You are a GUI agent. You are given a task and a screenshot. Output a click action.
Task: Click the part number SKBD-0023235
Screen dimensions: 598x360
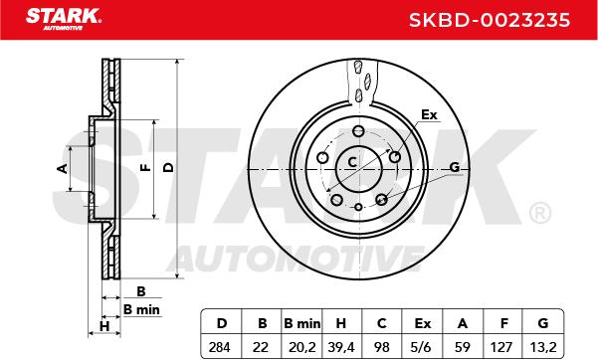pyautogui.click(x=490, y=20)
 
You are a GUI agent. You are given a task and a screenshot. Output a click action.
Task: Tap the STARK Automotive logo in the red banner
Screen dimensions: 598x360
pyautogui.click(x=64, y=19)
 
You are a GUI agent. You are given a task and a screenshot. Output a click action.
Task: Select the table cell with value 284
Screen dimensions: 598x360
pyautogui.click(x=220, y=347)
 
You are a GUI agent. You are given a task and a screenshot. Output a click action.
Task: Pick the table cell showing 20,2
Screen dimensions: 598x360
pyautogui.click(x=301, y=347)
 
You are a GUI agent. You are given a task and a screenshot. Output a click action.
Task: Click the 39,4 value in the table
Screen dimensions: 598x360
pyautogui.click(x=341, y=347)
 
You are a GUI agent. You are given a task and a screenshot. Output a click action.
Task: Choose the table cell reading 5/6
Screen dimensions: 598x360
pyautogui.click(x=422, y=347)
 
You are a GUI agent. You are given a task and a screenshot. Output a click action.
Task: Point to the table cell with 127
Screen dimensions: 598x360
pyautogui.click(x=501, y=347)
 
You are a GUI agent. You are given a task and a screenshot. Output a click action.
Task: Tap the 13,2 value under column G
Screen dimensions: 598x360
pyautogui.click(x=543, y=347)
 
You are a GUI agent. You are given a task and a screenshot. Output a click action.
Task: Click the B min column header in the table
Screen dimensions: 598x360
pyautogui.click(x=301, y=323)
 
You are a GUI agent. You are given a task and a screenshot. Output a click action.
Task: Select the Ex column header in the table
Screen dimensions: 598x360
pyautogui.click(x=422, y=323)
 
